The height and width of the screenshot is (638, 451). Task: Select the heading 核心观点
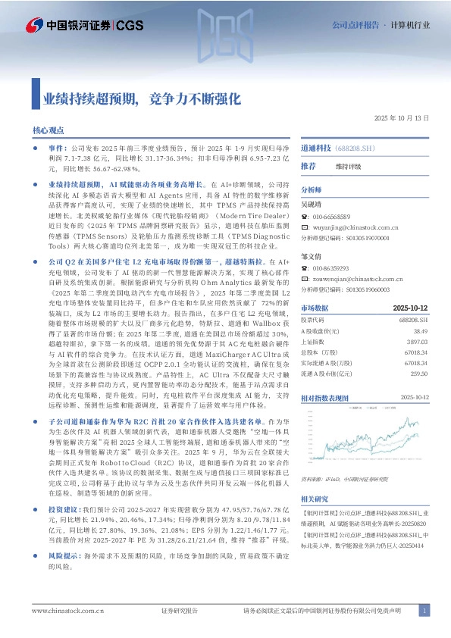(49, 131)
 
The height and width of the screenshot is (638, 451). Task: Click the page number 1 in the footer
(425, 610)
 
